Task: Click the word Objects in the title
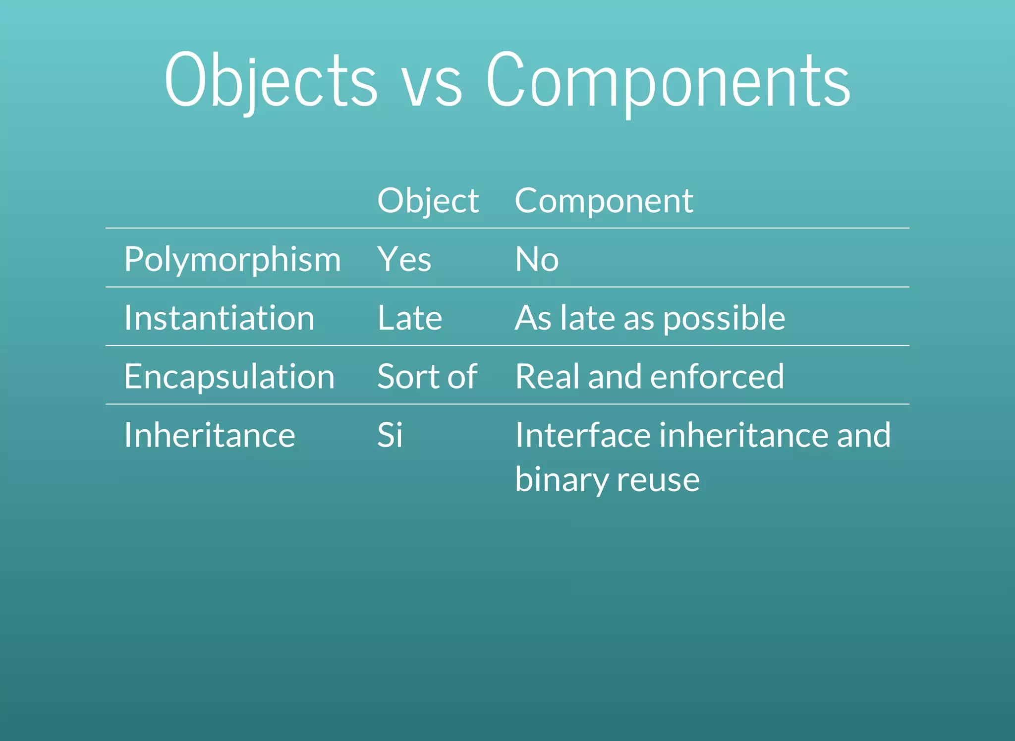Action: (271, 81)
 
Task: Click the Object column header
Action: (428, 201)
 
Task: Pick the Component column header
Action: (604, 201)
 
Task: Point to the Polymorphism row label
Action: (232, 259)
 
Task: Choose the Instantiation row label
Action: (219, 318)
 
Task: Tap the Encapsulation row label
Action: (229, 377)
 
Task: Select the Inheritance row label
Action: (209, 435)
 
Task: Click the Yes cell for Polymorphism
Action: (404, 259)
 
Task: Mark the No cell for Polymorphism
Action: (537, 259)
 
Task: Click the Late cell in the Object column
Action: (409, 318)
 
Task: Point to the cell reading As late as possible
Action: (650, 318)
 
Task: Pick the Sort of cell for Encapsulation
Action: (427, 377)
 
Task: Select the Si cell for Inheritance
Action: (390, 435)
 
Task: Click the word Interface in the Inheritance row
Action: (582, 435)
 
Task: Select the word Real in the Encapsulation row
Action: (547, 377)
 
